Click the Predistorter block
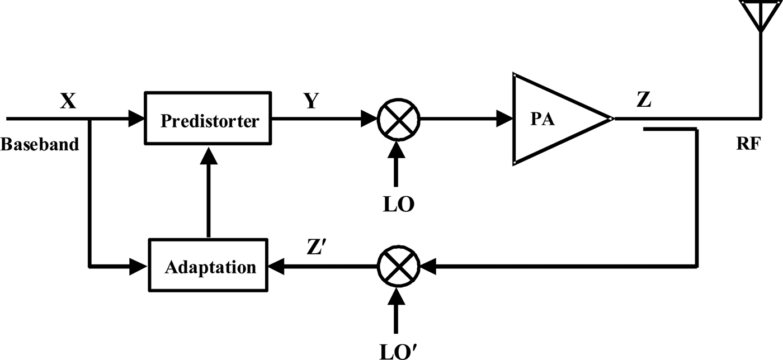[209, 120]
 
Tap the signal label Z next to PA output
[643, 102]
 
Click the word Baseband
[39, 144]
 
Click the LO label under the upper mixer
[398, 205]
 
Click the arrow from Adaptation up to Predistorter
[209, 190]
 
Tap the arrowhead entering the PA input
[505, 119]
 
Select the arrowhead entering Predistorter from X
[136, 119]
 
